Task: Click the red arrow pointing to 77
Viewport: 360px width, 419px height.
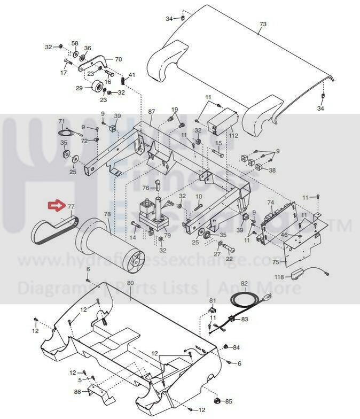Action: point(54,205)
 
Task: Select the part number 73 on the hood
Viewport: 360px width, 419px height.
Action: point(262,25)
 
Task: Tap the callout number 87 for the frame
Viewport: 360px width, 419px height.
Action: point(152,112)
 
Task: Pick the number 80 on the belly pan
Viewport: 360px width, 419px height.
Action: point(130,283)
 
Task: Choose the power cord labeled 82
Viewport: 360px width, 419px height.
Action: point(244,283)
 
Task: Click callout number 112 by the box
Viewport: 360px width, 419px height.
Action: point(233,135)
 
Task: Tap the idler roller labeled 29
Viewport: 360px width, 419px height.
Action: point(98,87)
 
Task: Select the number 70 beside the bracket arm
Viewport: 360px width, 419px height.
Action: point(119,59)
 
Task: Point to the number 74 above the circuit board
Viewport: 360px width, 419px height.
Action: point(270,203)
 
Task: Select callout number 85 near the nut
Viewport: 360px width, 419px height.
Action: point(229,401)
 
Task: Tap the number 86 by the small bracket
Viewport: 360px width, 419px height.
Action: point(77,392)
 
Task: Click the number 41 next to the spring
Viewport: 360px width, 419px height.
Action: point(132,74)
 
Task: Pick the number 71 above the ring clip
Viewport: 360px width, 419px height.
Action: point(61,121)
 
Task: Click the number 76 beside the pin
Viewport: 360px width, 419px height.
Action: point(145,188)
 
